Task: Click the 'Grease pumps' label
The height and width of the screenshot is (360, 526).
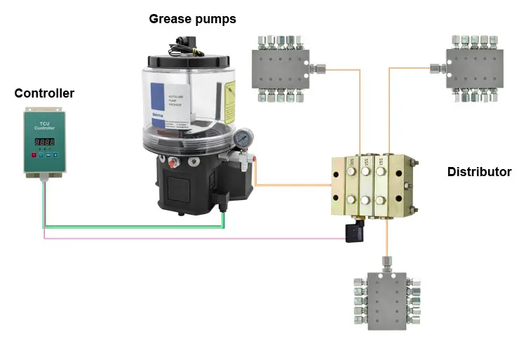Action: pos(192,19)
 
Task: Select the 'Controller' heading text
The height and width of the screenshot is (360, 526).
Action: pos(44,93)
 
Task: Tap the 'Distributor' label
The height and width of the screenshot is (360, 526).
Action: pos(479,172)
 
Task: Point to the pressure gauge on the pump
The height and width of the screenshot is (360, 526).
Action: pos(243,138)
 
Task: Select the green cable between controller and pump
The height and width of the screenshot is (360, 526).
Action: pos(133,227)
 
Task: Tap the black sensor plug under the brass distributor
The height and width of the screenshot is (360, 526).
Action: pos(351,233)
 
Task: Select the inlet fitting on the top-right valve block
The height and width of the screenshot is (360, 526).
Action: pos(435,68)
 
